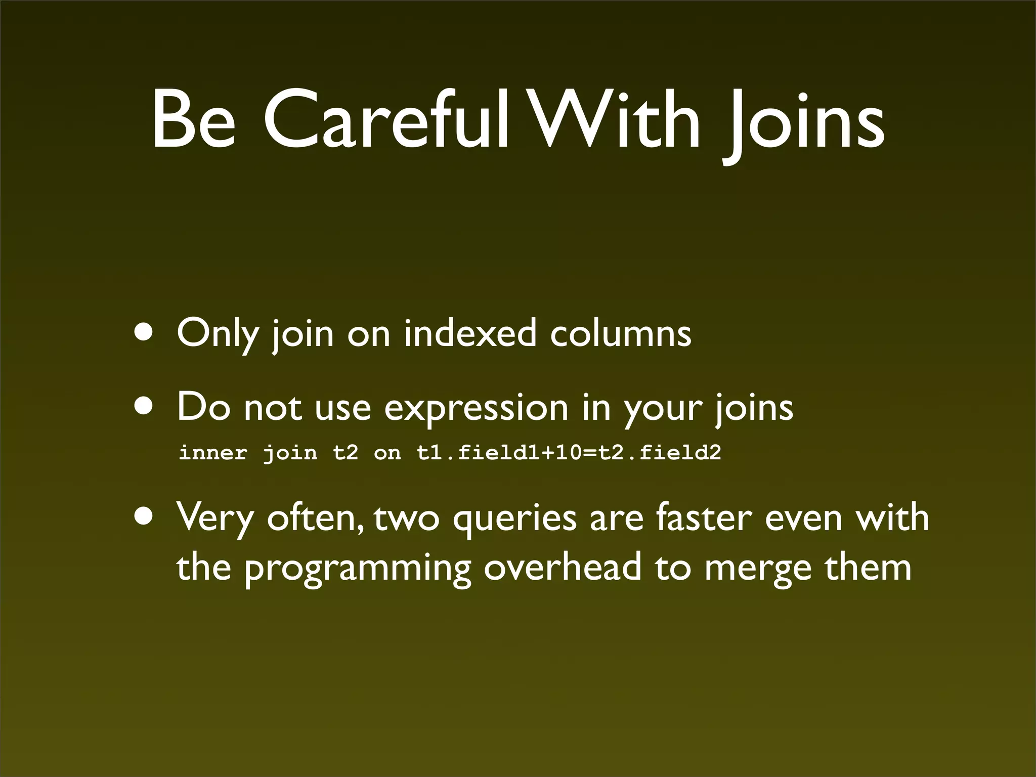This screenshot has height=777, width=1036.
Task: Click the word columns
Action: tap(621, 334)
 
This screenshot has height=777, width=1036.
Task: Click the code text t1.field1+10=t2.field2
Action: tap(569, 452)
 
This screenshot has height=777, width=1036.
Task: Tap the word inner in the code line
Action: tap(213, 452)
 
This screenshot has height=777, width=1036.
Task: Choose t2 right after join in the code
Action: tap(346, 452)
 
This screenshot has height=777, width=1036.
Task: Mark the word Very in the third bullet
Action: tap(215, 519)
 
